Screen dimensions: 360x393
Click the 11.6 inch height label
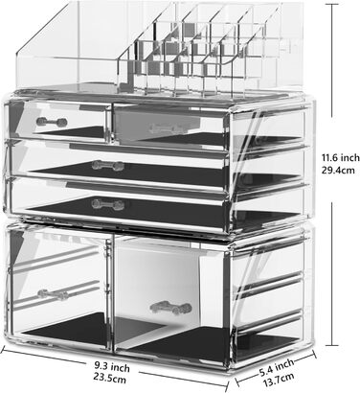click(x=340, y=157)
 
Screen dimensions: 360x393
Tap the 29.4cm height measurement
click(x=338, y=170)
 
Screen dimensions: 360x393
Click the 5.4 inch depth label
click(x=277, y=367)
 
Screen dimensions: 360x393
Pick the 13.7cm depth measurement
click(x=279, y=380)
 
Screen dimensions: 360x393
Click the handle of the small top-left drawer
click(x=52, y=122)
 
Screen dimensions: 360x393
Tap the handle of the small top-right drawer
click(x=166, y=128)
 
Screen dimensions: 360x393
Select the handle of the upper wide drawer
click(x=108, y=166)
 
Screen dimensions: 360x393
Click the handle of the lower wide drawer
click(x=108, y=204)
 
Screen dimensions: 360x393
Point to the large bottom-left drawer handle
click(x=55, y=294)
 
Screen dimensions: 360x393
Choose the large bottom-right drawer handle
click(x=170, y=308)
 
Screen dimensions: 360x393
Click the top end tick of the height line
click(x=332, y=4)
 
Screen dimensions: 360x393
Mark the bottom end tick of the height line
click(x=332, y=345)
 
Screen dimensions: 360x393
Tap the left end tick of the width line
click(x=3, y=350)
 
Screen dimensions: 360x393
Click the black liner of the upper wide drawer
click(x=127, y=173)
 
